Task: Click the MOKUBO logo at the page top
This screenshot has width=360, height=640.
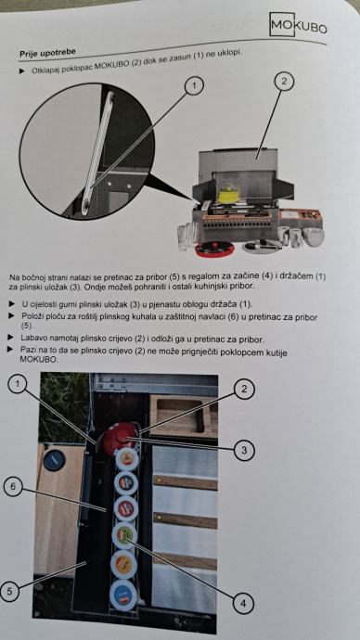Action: click(x=299, y=25)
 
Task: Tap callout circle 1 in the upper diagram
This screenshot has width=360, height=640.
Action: click(x=194, y=85)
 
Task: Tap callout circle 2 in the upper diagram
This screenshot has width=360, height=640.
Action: click(x=284, y=81)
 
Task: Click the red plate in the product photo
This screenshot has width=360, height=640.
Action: click(x=214, y=249)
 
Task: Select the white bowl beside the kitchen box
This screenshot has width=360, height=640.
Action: click(x=313, y=237)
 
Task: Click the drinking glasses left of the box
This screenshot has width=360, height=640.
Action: click(x=187, y=236)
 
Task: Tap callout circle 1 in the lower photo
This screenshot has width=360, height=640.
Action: click(x=17, y=385)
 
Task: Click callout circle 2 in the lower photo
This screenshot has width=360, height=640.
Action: click(x=244, y=389)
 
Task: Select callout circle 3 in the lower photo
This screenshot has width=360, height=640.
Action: click(x=244, y=450)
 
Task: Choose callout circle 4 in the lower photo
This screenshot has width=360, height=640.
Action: click(x=244, y=603)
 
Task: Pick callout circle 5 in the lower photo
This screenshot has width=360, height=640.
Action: click(x=9, y=591)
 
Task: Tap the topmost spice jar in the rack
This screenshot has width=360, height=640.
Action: click(x=127, y=459)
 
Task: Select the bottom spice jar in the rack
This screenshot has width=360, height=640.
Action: click(x=122, y=595)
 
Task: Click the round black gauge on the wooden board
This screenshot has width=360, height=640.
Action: click(x=55, y=460)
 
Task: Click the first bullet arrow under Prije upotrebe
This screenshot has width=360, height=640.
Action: click(x=21, y=70)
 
